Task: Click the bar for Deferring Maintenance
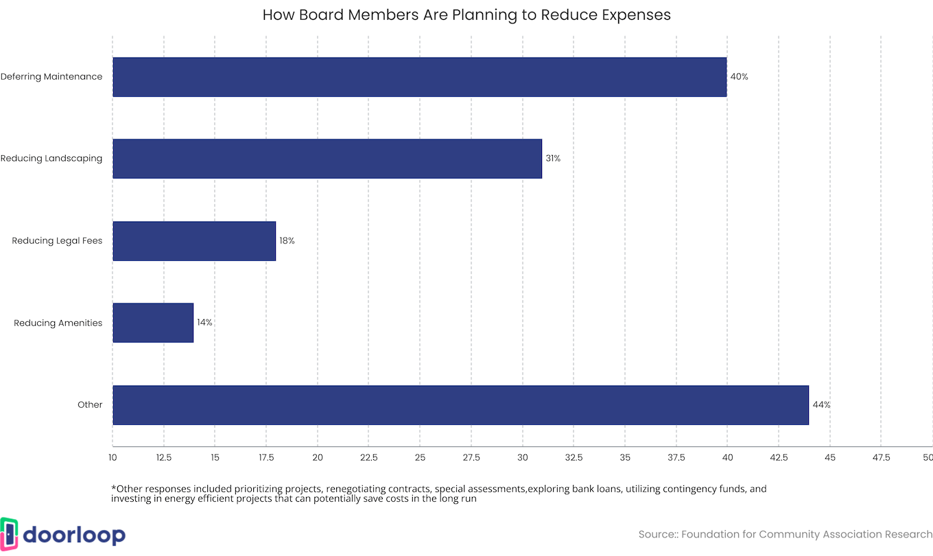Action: coord(419,77)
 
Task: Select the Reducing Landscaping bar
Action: coord(327,159)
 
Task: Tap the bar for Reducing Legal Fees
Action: coord(194,241)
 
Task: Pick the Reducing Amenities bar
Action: coord(153,323)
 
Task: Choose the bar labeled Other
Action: coord(460,405)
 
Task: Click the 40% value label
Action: coord(739,77)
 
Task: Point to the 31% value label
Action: coord(553,159)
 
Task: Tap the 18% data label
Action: coord(287,241)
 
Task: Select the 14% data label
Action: coord(204,323)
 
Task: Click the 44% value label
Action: coord(821,405)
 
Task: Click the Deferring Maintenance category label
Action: coord(51,77)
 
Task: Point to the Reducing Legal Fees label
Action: coord(57,241)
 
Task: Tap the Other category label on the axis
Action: coord(90,405)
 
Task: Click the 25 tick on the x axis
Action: coord(420,457)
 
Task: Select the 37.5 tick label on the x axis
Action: coord(676,457)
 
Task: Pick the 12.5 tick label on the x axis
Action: coord(164,457)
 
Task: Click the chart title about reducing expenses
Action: coord(466,14)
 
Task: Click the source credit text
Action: coord(786,534)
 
